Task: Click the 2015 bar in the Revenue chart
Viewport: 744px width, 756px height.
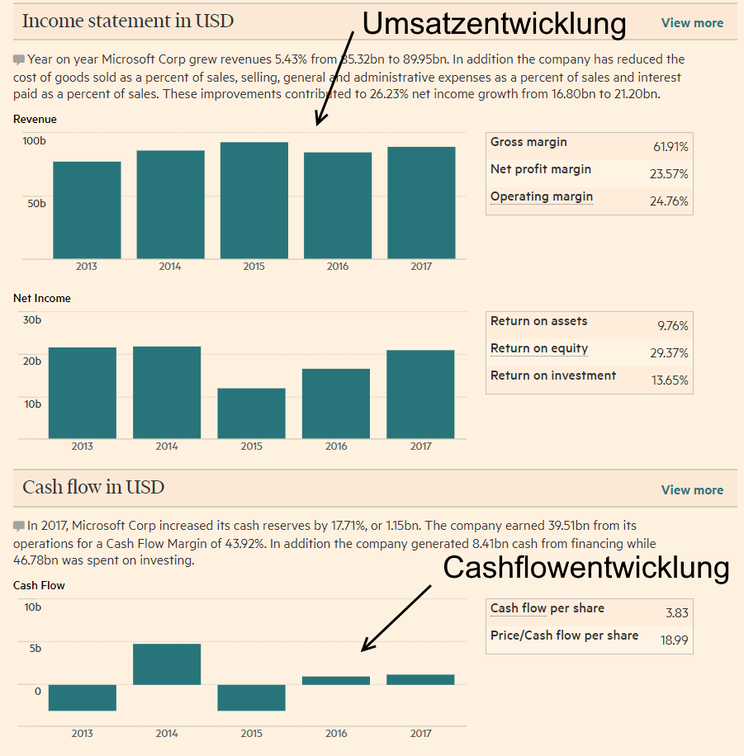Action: (254, 201)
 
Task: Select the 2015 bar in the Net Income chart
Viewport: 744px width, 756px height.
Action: (251, 413)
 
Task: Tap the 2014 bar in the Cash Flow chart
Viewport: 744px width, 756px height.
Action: (167, 664)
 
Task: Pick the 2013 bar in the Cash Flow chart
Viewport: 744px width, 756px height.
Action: (82, 697)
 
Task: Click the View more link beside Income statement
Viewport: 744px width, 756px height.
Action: (692, 23)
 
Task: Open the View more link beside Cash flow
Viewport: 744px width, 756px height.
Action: (692, 490)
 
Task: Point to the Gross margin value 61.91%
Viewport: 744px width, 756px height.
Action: (671, 147)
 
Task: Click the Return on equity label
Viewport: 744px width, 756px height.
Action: (539, 348)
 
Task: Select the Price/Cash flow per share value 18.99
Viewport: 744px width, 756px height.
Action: (674, 640)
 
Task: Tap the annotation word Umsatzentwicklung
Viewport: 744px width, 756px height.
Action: (494, 24)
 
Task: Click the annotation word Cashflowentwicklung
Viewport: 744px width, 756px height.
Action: (586, 568)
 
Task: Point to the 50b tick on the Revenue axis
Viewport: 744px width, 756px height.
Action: (36, 203)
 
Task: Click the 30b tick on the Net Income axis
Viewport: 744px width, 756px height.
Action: (32, 319)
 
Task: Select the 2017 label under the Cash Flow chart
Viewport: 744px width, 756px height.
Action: (420, 733)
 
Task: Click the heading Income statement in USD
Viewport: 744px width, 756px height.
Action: (128, 21)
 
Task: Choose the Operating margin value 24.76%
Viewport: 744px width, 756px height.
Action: (671, 201)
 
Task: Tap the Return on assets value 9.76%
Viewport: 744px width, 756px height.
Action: (672, 326)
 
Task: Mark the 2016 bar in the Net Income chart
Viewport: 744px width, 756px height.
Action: (336, 404)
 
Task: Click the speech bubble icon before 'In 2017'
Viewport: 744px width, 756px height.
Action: (19, 526)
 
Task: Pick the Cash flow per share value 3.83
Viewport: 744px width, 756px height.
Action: (676, 612)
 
